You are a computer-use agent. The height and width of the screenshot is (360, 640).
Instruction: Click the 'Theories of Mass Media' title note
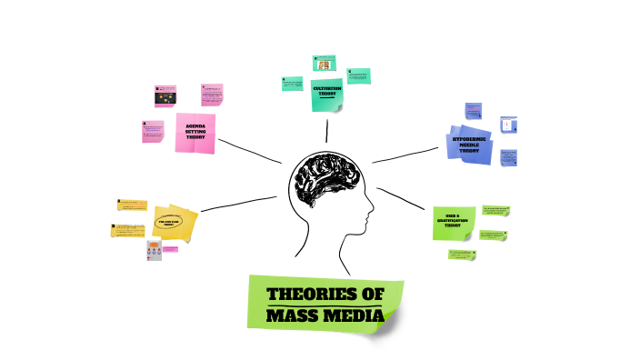pos(325,304)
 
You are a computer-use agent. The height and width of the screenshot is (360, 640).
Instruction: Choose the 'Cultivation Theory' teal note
pos(325,95)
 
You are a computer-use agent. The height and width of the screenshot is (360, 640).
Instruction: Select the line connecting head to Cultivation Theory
pos(325,131)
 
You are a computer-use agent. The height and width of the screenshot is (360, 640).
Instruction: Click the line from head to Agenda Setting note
pos(250,150)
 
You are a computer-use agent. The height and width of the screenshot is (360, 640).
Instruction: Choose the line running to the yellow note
pos(238,204)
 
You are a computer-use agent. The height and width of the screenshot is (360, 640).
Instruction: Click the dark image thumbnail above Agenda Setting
pos(165,95)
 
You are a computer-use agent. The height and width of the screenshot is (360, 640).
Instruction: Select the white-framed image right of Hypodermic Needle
pos(508,125)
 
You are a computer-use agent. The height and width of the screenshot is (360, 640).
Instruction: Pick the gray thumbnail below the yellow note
pos(154,251)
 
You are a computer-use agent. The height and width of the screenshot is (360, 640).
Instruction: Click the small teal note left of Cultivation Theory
pos(293,84)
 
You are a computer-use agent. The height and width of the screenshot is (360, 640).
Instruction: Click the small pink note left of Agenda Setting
pos(154,132)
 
